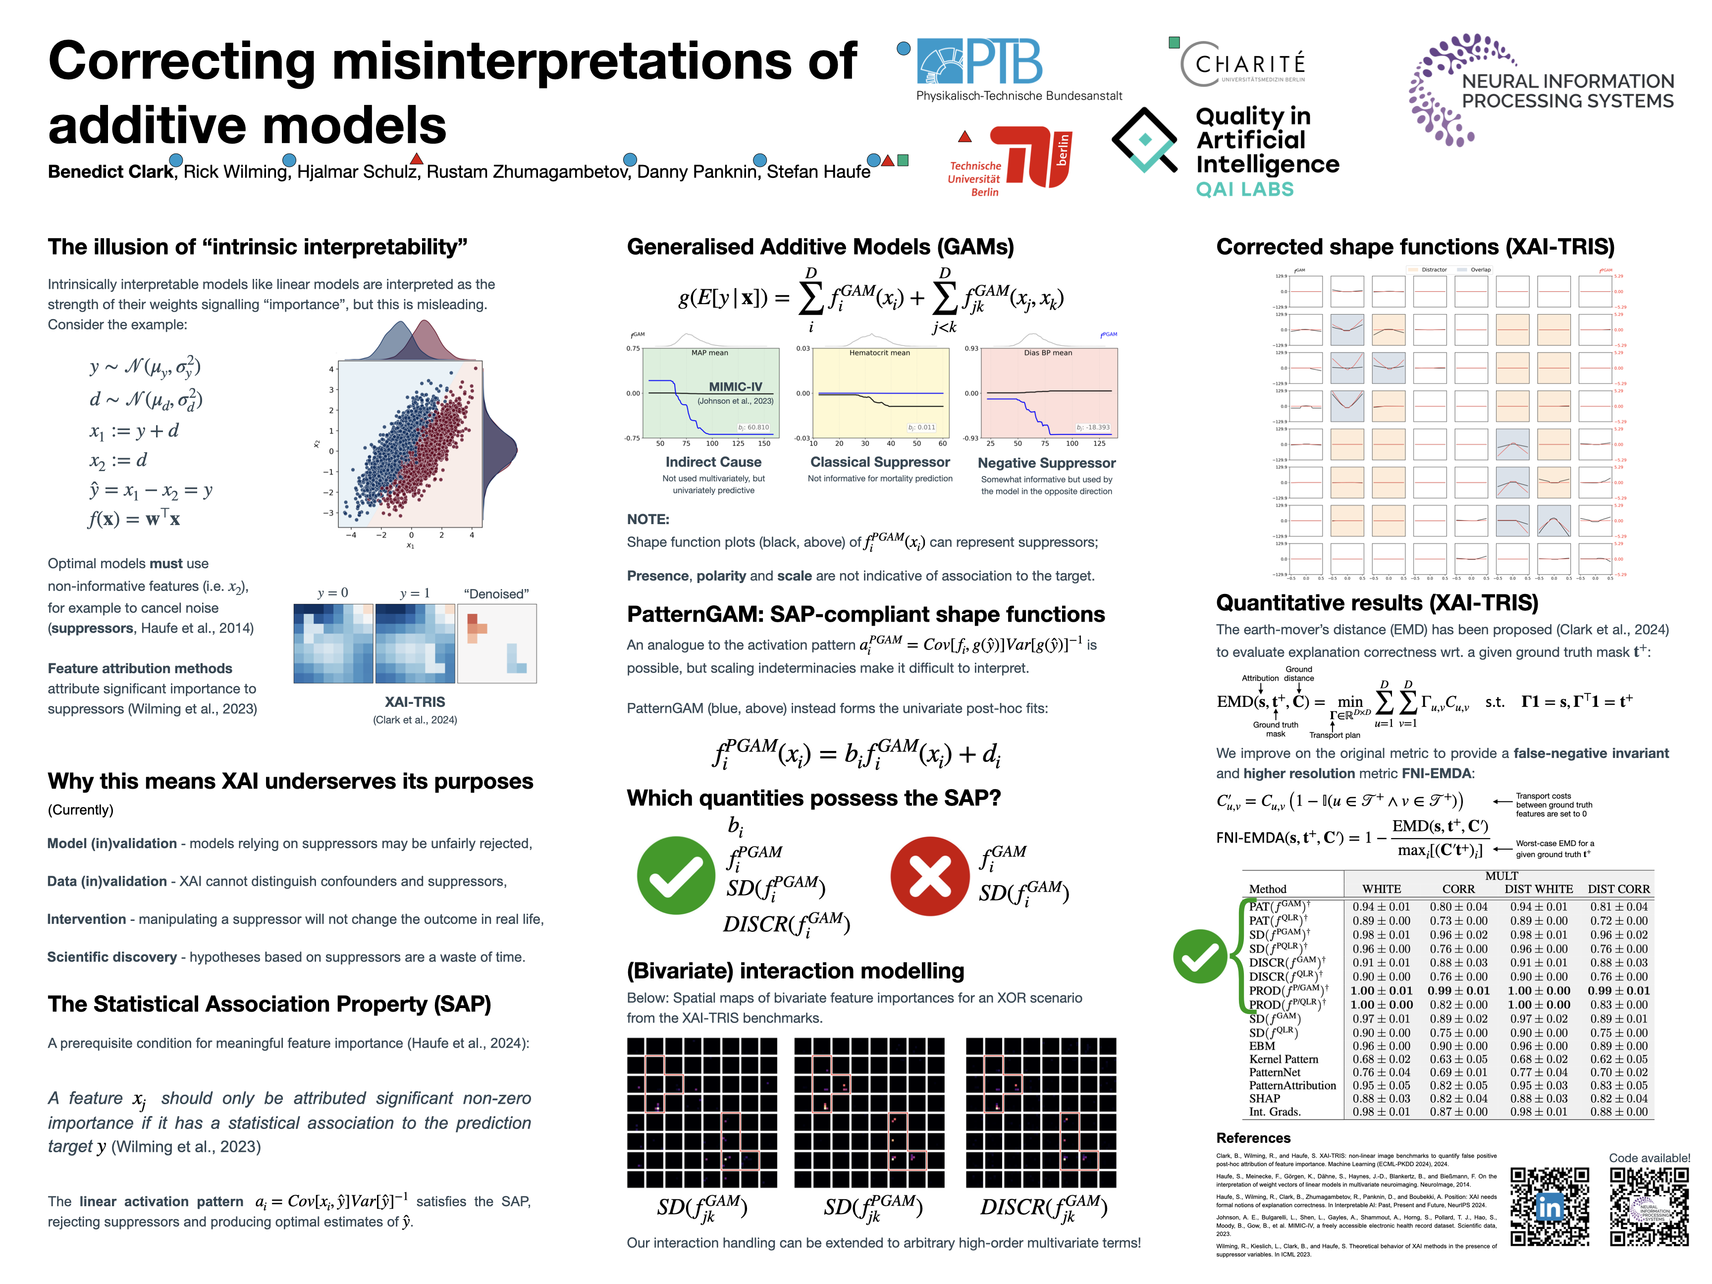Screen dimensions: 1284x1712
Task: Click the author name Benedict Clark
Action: [110, 172]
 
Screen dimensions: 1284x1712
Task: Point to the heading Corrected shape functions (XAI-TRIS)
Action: [1415, 247]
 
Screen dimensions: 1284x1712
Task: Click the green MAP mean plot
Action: [710, 393]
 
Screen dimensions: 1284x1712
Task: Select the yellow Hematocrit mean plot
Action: [880, 393]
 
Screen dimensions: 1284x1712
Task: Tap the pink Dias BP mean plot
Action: [1049, 393]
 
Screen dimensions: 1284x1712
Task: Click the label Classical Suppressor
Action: [880, 462]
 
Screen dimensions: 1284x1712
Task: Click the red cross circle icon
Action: [929, 876]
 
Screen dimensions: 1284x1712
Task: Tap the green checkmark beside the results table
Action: [1200, 956]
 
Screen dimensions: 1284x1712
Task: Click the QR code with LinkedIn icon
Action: [1550, 1207]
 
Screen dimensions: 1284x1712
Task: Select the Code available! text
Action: [1649, 1158]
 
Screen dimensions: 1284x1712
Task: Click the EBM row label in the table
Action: [1262, 1046]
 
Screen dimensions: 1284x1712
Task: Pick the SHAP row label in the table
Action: [1265, 1098]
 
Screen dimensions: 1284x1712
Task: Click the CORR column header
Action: [1458, 889]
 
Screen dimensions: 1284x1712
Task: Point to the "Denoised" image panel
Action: [496, 643]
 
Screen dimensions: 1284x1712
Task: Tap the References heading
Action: [1253, 1138]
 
